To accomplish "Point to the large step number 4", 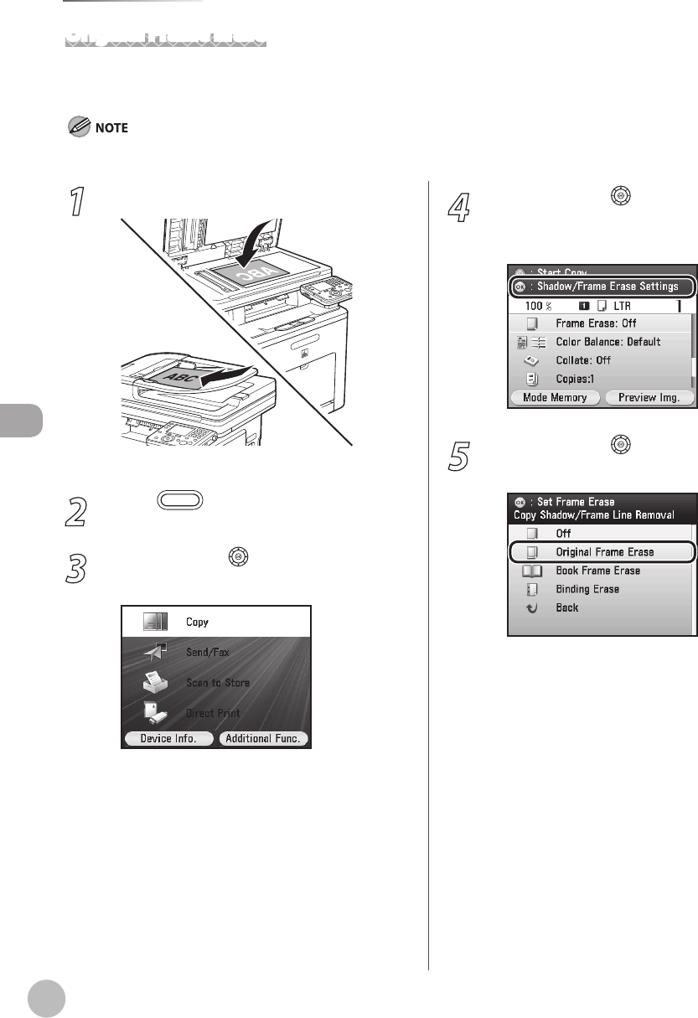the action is [x=458, y=204].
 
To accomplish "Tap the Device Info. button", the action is [x=168, y=738].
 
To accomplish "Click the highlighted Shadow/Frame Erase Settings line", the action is [x=601, y=287].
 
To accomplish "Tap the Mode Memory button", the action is [x=554, y=397].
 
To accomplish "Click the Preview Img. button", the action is [x=649, y=397].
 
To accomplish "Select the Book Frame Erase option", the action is [x=597, y=571].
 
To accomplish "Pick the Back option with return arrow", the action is [x=566, y=607].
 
